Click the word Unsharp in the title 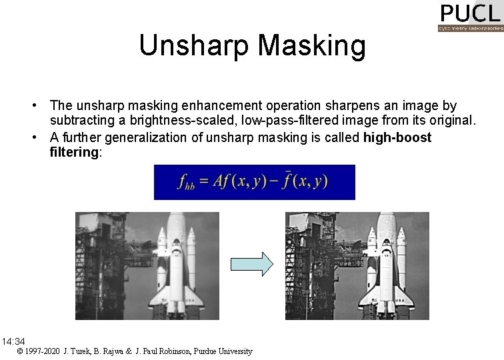(x=194, y=46)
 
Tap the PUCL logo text (x=470, y=13)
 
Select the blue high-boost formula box (x=254, y=182)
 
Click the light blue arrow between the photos (x=251, y=264)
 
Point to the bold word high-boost (x=397, y=137)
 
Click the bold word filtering (x=74, y=153)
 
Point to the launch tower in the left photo (x=100, y=260)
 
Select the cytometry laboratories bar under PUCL (x=470, y=28)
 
